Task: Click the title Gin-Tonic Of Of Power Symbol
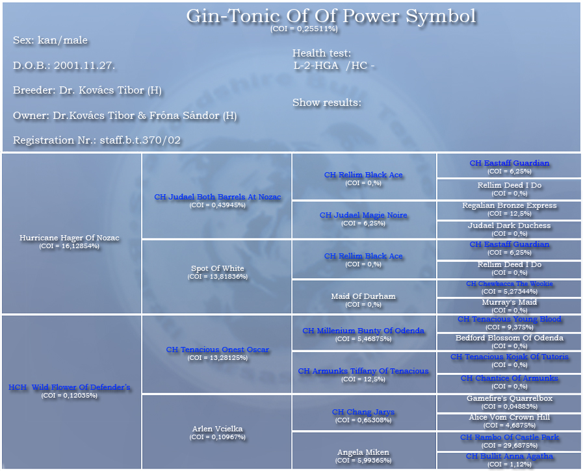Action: click(331, 16)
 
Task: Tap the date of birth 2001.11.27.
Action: click(84, 66)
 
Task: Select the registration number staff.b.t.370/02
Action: click(140, 140)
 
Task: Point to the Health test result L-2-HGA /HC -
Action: click(334, 66)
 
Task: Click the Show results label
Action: click(327, 102)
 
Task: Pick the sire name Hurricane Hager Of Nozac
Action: click(70, 238)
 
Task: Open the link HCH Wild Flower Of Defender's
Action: click(70, 387)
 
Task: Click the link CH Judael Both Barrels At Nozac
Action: click(218, 197)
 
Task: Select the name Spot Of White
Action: click(218, 268)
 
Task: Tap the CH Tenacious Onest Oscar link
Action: click(218, 350)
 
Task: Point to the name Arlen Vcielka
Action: click(218, 429)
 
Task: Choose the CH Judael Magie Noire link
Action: click(363, 215)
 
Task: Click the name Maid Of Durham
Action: click(363, 296)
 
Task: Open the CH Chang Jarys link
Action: click(363, 412)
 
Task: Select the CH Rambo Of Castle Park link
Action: click(510, 437)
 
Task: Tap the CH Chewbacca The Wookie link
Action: click(510, 284)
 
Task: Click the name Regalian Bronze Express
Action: click(510, 205)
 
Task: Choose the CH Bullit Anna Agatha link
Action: click(510, 456)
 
